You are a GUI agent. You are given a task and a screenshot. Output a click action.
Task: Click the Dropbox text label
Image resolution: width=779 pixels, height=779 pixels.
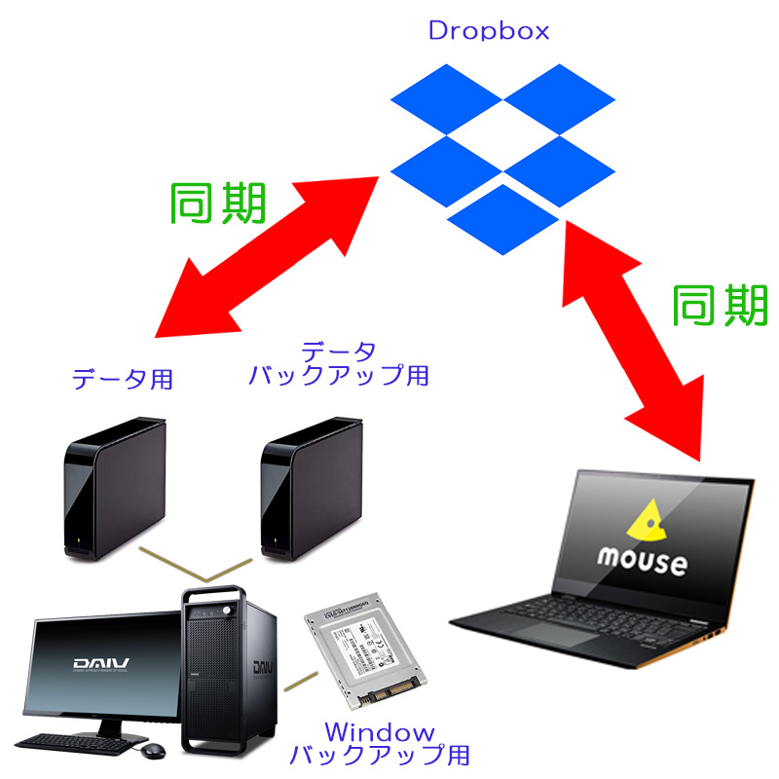489,30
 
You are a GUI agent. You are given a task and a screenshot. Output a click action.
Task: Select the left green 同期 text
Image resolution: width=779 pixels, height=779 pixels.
218,204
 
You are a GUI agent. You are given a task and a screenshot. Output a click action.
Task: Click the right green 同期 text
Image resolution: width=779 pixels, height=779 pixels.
721,305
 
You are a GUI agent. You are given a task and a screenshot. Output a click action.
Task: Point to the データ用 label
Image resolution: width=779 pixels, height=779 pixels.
123,379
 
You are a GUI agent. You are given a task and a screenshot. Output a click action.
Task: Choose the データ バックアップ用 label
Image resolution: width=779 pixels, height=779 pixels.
337,363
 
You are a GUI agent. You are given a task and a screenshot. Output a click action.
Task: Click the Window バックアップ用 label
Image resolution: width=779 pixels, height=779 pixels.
380,743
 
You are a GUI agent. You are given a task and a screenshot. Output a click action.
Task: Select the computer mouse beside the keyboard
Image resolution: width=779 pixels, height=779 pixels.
153,751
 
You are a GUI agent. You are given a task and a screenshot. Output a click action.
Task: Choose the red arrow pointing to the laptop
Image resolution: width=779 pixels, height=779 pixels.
633,331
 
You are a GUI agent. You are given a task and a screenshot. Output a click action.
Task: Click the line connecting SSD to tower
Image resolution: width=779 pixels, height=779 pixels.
301,682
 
